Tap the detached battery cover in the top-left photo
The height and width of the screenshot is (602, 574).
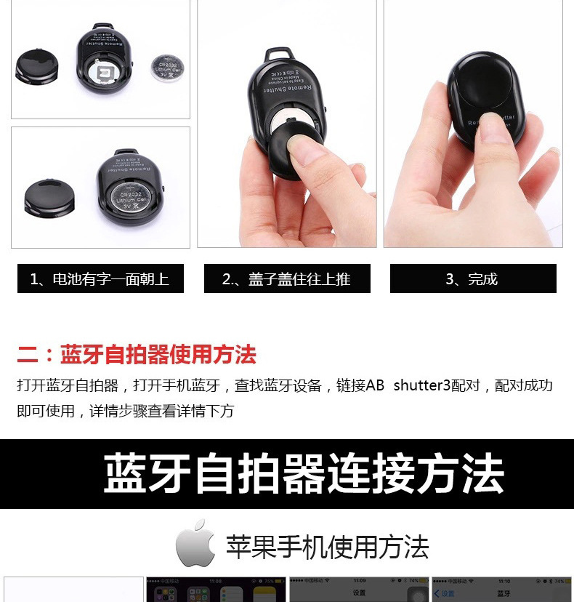[36, 67]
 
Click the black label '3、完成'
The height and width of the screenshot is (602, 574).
[472, 278]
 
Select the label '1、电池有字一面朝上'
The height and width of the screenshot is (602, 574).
[100, 278]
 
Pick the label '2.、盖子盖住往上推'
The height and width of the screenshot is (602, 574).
[286, 278]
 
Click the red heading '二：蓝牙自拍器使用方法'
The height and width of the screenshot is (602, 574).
[137, 355]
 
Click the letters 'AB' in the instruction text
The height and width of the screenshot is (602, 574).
[375, 385]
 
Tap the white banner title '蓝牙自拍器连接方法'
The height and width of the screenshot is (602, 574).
[304, 474]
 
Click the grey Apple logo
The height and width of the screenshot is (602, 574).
[196, 544]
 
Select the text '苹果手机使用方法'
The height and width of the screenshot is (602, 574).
[327, 547]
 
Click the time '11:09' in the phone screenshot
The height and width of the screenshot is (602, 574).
[359, 582]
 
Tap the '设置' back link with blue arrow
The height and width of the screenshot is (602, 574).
[445, 594]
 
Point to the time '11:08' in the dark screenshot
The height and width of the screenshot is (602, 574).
[216, 582]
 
